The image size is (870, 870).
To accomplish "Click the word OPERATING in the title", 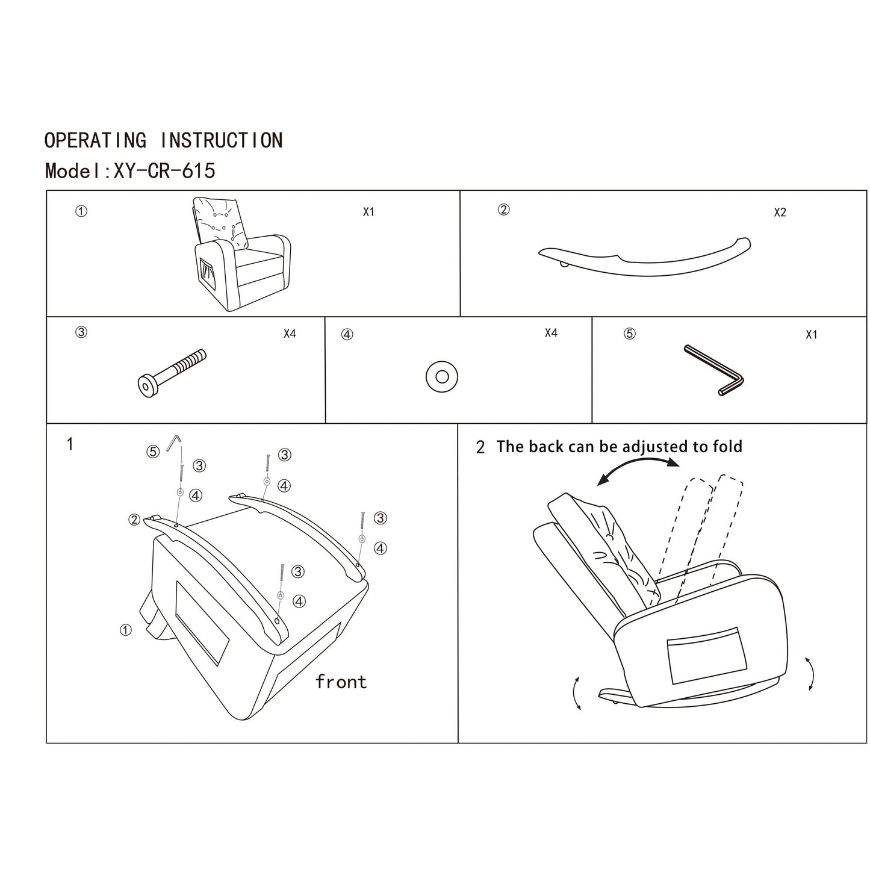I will click(x=95, y=140).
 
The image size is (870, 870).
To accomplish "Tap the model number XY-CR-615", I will click(x=164, y=171).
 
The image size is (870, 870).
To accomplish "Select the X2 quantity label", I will click(x=780, y=213).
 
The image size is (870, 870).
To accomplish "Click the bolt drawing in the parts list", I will click(x=172, y=373).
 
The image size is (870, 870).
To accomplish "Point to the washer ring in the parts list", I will click(x=441, y=377).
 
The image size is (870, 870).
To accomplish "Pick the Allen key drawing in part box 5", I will click(x=714, y=370).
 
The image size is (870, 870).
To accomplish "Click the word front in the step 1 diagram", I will click(x=341, y=682).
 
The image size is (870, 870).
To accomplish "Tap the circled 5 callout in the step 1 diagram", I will click(x=153, y=452).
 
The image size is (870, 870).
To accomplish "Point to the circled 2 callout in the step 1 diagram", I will click(x=134, y=520).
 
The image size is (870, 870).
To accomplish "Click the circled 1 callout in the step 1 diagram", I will click(x=125, y=630).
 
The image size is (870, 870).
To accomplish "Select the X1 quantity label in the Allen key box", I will click(x=811, y=335).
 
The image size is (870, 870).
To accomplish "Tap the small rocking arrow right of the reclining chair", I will click(x=810, y=674).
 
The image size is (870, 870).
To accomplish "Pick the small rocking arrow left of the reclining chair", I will click(x=577, y=693).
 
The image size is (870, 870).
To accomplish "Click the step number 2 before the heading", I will click(x=480, y=448).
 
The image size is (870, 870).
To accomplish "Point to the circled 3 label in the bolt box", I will click(x=81, y=332).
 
